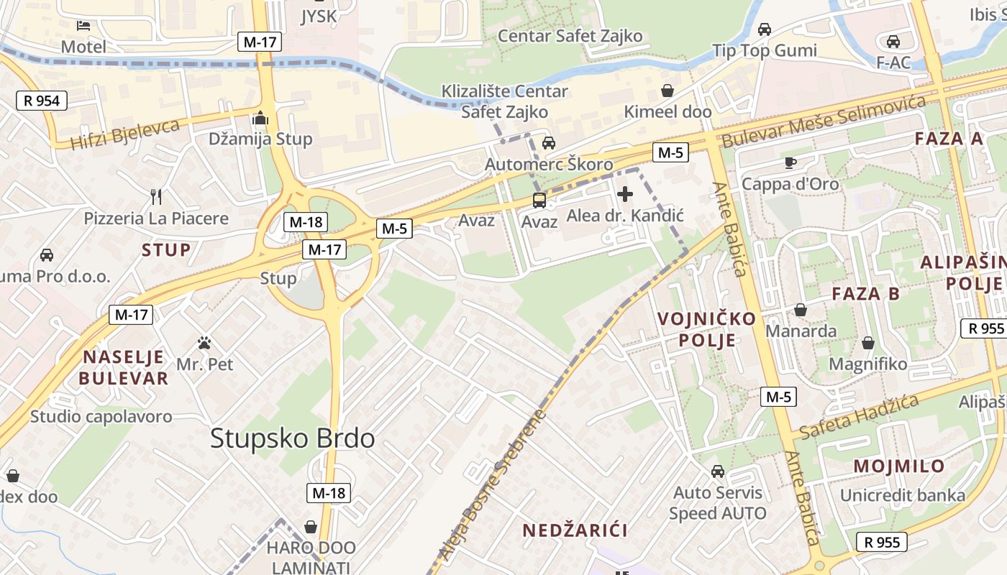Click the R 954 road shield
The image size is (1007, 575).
[x=42, y=101]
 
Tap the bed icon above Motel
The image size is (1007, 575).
[x=83, y=26]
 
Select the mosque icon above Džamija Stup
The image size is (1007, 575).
[x=260, y=118]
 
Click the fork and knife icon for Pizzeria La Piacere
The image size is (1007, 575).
[x=156, y=196]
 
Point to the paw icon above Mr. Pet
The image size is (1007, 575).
[x=205, y=343]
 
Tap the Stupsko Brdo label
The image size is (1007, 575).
[x=292, y=438]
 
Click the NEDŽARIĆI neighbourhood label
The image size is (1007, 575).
[x=575, y=530]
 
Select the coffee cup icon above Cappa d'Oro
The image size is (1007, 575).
[x=790, y=162]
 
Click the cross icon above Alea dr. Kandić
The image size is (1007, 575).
[x=624, y=194]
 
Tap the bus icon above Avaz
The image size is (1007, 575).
[x=539, y=201]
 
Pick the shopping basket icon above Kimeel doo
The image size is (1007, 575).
[x=667, y=91]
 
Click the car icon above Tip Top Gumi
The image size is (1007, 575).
[x=764, y=29]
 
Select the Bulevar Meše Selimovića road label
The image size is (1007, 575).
[x=824, y=121]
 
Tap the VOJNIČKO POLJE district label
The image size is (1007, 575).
[x=707, y=328]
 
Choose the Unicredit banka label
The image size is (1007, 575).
[x=902, y=495]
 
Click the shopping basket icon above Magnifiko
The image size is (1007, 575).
[x=867, y=343]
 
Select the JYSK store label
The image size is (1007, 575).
[x=319, y=16]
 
